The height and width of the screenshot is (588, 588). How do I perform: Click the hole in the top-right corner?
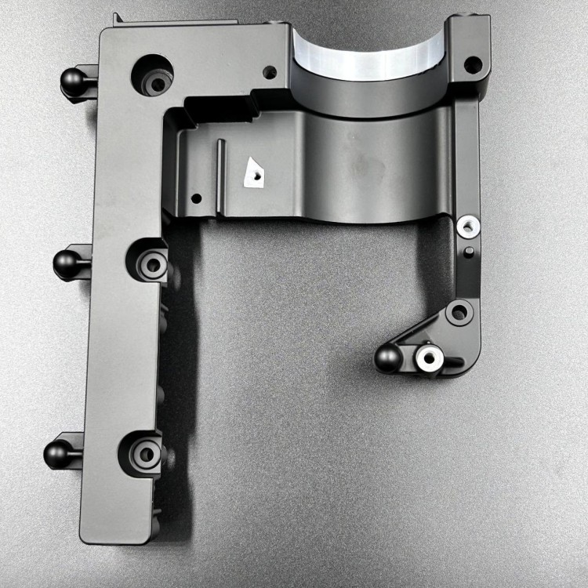click(x=472, y=64)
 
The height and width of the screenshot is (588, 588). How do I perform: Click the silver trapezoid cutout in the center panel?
click(x=254, y=172)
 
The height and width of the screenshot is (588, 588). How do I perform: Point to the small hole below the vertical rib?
click(x=196, y=198)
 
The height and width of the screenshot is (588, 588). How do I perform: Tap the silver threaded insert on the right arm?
click(x=469, y=227)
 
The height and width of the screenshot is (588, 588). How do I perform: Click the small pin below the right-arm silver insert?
click(x=468, y=252)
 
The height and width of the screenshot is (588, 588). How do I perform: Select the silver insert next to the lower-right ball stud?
click(x=428, y=359)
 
